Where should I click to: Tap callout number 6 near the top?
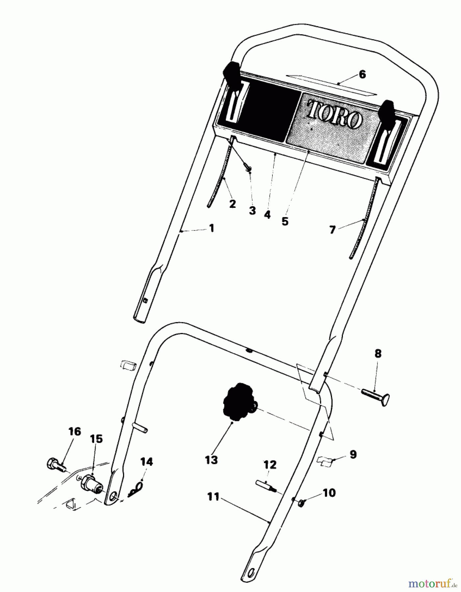(x=362, y=75)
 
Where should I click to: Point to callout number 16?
(x=75, y=432)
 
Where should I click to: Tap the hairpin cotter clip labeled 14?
(x=136, y=492)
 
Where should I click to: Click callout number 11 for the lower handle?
(x=213, y=497)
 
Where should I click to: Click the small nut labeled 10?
(x=301, y=503)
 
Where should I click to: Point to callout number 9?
(x=353, y=455)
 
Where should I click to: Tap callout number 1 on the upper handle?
(x=211, y=228)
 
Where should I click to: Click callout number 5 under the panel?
(x=285, y=221)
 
